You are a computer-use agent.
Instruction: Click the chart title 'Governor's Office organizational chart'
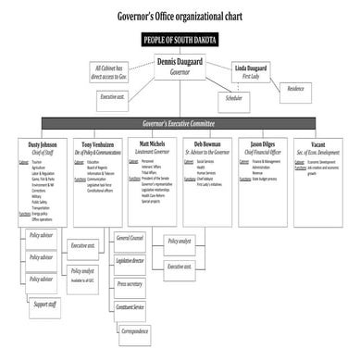click(x=180, y=17)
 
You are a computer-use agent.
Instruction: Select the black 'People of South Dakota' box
click(x=180, y=40)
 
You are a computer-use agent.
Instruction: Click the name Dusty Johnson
click(x=42, y=144)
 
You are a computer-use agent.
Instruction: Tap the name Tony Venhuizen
click(x=97, y=144)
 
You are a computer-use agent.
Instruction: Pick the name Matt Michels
click(x=153, y=144)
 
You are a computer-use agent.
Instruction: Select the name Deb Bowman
click(x=206, y=144)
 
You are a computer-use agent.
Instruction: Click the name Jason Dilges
click(x=262, y=144)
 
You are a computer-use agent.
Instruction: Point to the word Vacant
click(x=317, y=144)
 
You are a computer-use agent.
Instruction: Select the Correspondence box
click(x=133, y=329)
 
